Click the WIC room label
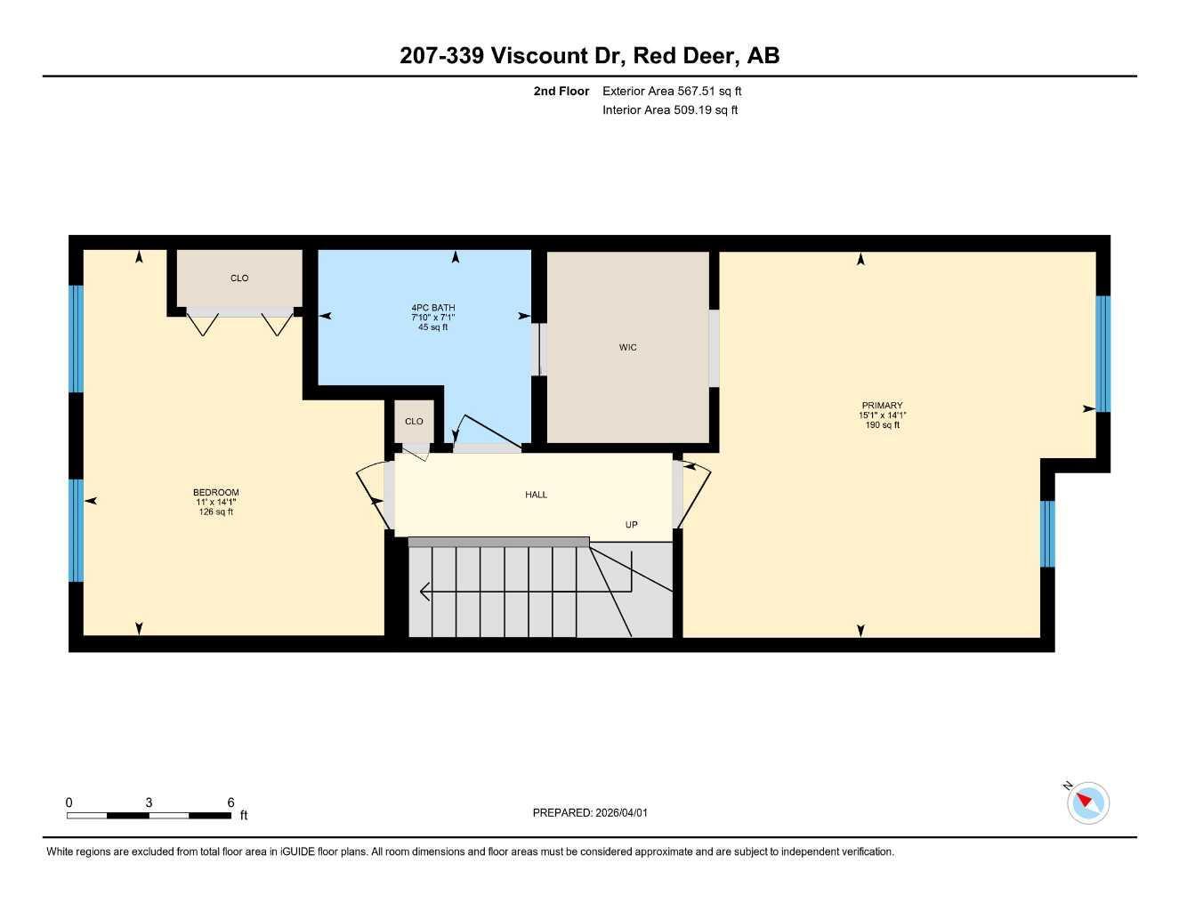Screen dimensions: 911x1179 [x=627, y=348]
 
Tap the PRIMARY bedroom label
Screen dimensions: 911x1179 [x=882, y=406]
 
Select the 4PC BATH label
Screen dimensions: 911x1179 [x=432, y=308]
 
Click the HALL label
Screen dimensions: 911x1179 [x=536, y=495]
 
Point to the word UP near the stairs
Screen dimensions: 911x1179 [x=631, y=525]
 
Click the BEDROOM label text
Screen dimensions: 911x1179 [x=215, y=493]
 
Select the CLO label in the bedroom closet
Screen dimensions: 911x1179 [x=239, y=278]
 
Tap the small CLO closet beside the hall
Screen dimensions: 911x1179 [x=414, y=422]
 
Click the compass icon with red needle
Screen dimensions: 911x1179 [x=1087, y=802]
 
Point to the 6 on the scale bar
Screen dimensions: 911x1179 [x=230, y=802]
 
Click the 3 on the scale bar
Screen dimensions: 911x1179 [x=149, y=802]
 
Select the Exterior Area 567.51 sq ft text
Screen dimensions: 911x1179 [x=672, y=91]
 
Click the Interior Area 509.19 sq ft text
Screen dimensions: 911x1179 [x=670, y=110]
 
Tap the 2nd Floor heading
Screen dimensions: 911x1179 [x=561, y=91]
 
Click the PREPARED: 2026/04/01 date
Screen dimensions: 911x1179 [x=590, y=813]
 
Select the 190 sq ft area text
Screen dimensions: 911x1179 [x=882, y=425]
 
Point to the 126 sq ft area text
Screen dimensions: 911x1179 [x=215, y=512]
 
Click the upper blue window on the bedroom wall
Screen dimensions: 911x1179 [x=77, y=338]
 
